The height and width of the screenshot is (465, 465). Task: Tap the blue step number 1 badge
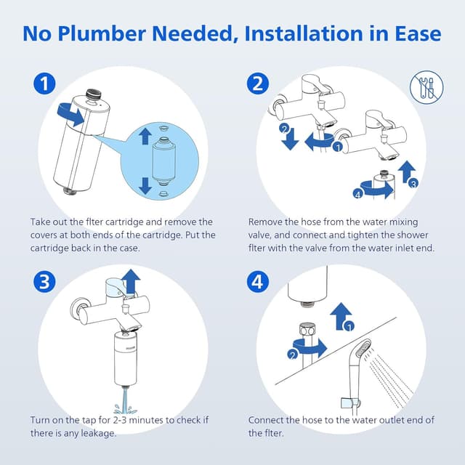point(45,84)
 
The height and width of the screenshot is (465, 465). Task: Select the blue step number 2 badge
point(257,84)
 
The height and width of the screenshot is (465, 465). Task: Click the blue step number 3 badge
point(45,281)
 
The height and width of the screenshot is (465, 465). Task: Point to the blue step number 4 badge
point(257,281)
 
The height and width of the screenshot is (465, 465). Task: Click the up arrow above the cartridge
point(145,135)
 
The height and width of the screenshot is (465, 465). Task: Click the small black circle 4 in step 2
point(357,193)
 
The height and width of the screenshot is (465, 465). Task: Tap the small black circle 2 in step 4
point(293,355)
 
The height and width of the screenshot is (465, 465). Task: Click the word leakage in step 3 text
point(98,433)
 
